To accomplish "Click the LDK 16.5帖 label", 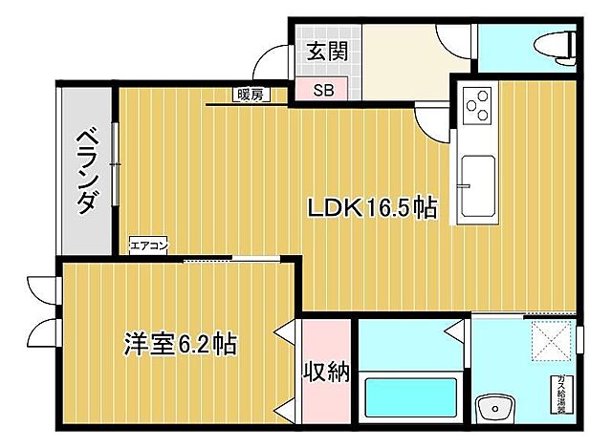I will pos(372,207).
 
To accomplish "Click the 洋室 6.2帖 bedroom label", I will pos(180,343).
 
